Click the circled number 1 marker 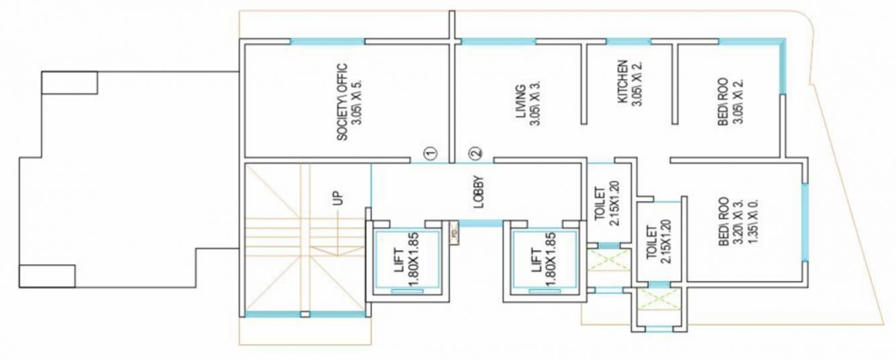430,154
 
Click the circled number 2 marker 475,154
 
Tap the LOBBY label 478,192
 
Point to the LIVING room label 526,105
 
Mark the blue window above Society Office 327,42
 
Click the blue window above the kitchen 628,42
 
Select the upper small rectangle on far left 70,82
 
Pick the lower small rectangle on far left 47,276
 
